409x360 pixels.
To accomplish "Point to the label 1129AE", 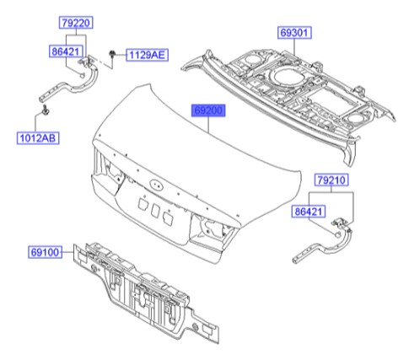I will (148, 56).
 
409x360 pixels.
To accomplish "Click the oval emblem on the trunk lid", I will (155, 187).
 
